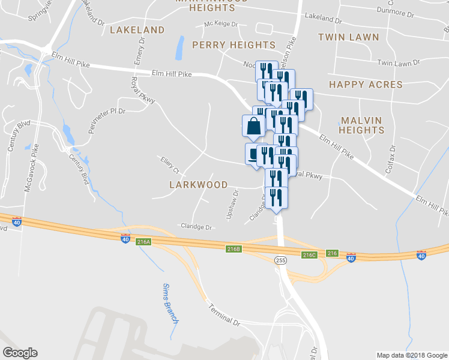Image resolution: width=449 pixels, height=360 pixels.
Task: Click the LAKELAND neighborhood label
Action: pos(137,29)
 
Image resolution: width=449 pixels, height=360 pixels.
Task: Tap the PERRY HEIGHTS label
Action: pos(234,45)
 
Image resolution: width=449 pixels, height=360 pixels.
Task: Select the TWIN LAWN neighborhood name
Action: pos(349,37)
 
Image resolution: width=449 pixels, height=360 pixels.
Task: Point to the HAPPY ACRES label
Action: pos(366,85)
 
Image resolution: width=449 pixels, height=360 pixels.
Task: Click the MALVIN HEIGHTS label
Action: pos(360,125)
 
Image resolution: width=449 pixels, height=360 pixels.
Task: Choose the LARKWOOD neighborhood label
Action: pos(198,185)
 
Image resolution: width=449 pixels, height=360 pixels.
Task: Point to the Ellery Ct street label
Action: pos(170,164)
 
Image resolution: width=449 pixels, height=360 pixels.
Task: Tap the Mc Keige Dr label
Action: pos(221,24)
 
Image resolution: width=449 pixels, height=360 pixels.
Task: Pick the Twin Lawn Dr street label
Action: pos(398,63)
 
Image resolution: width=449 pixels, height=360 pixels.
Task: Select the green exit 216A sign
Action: pos(143,242)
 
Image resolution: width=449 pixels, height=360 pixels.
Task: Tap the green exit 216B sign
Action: pos(234,248)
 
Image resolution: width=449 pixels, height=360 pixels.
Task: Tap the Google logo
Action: pos(20,353)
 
